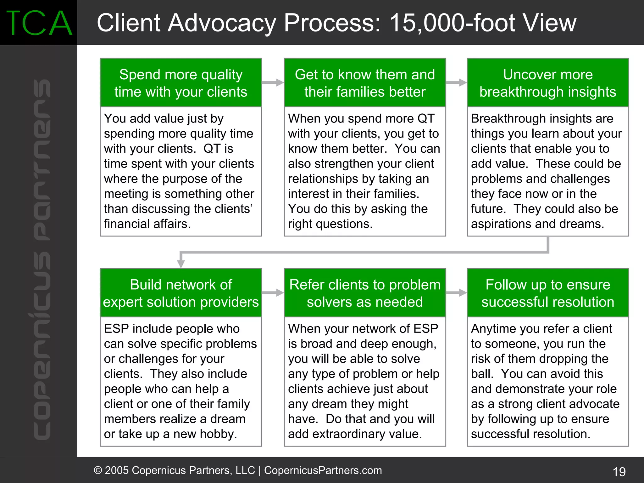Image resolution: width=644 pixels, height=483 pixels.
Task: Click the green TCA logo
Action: coord(39,23)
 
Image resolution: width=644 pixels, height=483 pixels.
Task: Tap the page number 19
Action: coord(619,472)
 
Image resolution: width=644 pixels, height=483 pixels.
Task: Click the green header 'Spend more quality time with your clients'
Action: coord(181,83)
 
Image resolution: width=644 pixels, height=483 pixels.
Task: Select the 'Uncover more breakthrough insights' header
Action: coord(547,83)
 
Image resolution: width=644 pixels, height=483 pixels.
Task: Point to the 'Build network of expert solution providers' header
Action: coord(181,293)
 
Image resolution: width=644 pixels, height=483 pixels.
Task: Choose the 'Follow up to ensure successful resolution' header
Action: coord(547,293)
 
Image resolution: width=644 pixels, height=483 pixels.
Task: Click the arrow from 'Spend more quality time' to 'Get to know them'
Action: coord(273,83)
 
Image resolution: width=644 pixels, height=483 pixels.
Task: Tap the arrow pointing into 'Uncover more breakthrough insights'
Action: coord(456,83)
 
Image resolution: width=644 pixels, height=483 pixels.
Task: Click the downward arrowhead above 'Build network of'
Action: coord(181,263)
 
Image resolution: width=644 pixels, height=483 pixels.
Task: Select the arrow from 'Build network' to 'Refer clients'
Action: coord(273,293)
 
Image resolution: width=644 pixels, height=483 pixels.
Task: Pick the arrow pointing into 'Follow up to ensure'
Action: coord(456,293)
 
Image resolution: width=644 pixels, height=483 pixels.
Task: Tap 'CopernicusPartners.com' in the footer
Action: coord(323,470)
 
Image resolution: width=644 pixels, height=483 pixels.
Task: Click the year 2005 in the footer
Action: coord(117,470)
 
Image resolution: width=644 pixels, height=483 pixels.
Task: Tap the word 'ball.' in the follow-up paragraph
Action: coord(481,374)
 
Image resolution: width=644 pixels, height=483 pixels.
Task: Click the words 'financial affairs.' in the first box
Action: coord(147,224)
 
